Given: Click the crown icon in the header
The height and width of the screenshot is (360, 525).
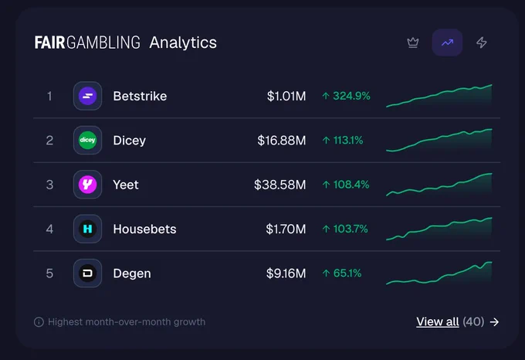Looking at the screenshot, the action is (x=413, y=42).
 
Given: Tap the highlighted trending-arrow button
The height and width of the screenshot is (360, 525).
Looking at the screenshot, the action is (x=447, y=42).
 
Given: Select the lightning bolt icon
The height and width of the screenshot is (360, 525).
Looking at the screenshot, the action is (x=482, y=42).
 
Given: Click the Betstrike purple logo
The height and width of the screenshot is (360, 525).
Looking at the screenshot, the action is (x=87, y=96).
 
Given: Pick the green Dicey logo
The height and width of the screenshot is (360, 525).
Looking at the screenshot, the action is (x=87, y=140).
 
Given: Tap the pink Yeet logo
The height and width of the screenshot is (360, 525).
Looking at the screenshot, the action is (x=87, y=185).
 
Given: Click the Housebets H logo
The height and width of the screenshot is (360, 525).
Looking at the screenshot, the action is (x=87, y=229).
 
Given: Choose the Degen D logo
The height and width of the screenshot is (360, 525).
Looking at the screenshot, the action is (x=87, y=273).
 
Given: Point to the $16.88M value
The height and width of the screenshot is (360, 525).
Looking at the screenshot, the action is (x=282, y=141).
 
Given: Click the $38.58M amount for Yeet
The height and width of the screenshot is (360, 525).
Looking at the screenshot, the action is (x=280, y=185).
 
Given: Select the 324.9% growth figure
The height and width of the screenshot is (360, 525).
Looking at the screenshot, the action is (x=351, y=96).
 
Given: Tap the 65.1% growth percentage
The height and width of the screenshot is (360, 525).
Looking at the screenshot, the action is (x=347, y=273).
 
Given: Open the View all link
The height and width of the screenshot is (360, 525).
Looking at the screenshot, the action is (x=438, y=322).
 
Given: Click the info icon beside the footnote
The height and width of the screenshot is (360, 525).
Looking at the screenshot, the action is (x=39, y=322).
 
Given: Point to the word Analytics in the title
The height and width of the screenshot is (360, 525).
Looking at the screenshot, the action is (x=183, y=42).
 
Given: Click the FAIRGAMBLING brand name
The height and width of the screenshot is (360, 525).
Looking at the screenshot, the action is (x=87, y=42).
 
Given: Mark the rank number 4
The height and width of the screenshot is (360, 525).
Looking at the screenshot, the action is (x=49, y=229).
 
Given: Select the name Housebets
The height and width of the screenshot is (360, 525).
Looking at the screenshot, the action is (x=144, y=229).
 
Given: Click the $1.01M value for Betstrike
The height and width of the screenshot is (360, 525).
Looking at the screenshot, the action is (x=286, y=96).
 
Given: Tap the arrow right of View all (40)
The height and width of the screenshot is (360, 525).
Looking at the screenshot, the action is (x=494, y=322).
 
